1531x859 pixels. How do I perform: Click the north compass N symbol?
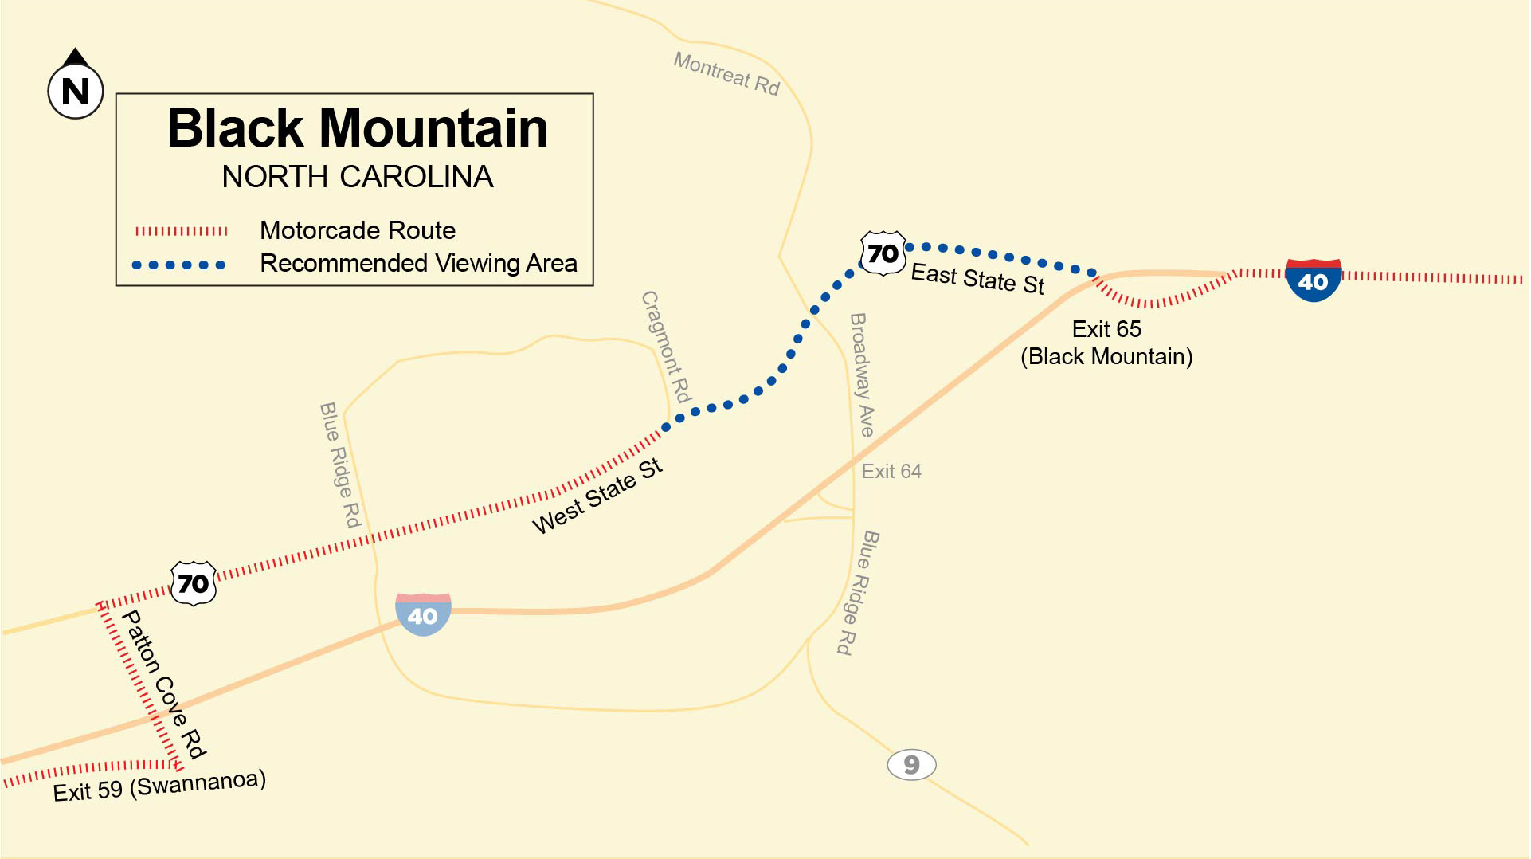point(76,89)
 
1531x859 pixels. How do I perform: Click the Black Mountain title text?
point(357,128)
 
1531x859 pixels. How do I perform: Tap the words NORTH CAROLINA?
point(357,177)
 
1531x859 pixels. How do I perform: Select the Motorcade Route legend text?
point(357,231)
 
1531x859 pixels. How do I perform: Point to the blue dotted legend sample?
point(178,265)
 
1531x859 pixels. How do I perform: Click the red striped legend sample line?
point(181,232)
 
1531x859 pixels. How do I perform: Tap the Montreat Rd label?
point(726,73)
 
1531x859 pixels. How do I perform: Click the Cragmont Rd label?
point(666,347)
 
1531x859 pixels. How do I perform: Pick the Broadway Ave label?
point(862,375)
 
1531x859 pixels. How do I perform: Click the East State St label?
point(977,279)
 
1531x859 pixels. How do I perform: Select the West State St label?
point(597,496)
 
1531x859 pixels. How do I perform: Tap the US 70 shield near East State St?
point(883,253)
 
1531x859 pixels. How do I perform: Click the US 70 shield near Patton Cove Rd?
point(194,583)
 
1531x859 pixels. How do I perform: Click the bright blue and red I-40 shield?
point(1313,280)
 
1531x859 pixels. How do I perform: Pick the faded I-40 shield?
point(423,614)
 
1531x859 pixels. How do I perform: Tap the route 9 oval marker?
point(911,765)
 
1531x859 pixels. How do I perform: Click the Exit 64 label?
point(891,472)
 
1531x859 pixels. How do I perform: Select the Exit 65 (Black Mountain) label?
point(1106,343)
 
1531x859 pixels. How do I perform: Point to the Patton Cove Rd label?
point(163,684)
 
